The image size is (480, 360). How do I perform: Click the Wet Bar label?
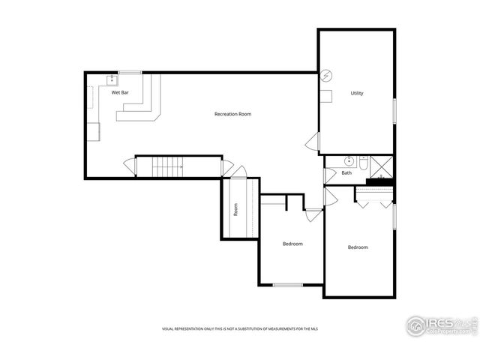120,93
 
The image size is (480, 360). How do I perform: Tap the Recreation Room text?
232,114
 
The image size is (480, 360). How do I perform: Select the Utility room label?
357,94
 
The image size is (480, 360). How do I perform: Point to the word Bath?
346,173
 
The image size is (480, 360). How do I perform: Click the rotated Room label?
235,209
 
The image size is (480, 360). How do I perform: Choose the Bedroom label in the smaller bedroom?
292,244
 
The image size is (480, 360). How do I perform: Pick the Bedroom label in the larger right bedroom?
357,247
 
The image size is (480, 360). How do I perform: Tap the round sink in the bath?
349,160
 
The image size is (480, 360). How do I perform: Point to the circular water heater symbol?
326,76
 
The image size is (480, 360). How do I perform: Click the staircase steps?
168,166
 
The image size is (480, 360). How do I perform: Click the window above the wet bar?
130,72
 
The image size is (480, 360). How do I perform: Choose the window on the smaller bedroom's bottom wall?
288,285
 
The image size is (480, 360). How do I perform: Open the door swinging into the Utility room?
313,142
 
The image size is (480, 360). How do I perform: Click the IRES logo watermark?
441,325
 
